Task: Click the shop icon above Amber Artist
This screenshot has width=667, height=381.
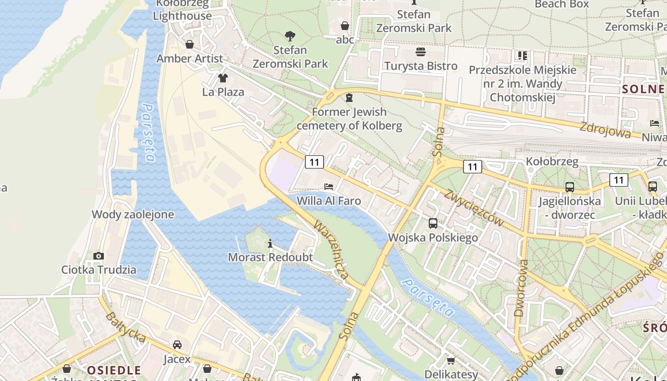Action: click(190, 44)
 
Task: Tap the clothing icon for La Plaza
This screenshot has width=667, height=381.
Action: click(223, 78)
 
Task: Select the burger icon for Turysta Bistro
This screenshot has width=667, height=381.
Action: click(420, 51)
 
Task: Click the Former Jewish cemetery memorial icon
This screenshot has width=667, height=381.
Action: click(349, 98)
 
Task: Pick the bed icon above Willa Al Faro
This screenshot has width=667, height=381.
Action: click(329, 186)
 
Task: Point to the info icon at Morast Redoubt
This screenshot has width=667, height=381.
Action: click(270, 244)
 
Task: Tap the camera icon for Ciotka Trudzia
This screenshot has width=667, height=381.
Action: click(99, 256)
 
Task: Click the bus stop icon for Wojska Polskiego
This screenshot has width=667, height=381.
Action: click(433, 223)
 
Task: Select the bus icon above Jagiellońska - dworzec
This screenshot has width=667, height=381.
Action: click(569, 187)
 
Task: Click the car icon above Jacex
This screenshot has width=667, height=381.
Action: click(177, 344)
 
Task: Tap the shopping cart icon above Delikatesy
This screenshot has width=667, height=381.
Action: click(451, 361)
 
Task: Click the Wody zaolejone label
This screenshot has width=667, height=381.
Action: click(133, 214)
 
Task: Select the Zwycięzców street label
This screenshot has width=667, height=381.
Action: click(475, 208)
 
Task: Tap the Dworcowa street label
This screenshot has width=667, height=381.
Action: click(522, 288)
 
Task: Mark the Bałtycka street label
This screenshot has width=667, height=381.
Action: click(126, 327)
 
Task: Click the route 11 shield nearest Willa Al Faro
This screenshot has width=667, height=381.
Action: click(314, 162)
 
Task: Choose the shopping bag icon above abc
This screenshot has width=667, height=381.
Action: click(344, 25)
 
